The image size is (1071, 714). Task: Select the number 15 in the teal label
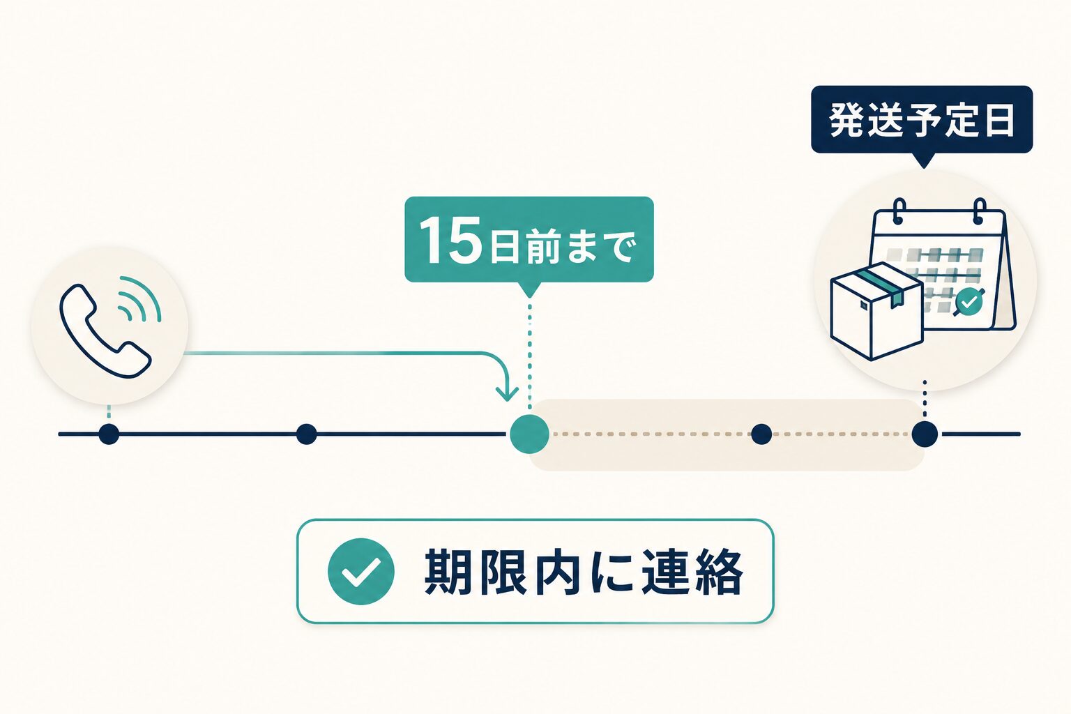click(450, 240)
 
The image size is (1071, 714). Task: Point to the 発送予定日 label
click(922, 119)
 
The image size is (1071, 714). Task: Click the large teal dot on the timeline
click(529, 434)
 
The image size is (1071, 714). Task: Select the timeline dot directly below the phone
click(109, 434)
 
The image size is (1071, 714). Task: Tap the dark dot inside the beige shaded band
click(761, 434)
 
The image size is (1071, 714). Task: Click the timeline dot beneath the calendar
click(925, 434)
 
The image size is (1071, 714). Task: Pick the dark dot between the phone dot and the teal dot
click(307, 434)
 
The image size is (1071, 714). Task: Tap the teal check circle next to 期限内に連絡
click(361, 572)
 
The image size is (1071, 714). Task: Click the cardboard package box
click(877, 311)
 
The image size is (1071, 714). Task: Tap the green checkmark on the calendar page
click(969, 302)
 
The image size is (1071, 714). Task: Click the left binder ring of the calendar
click(899, 211)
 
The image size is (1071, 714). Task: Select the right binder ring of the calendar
click(979, 211)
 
